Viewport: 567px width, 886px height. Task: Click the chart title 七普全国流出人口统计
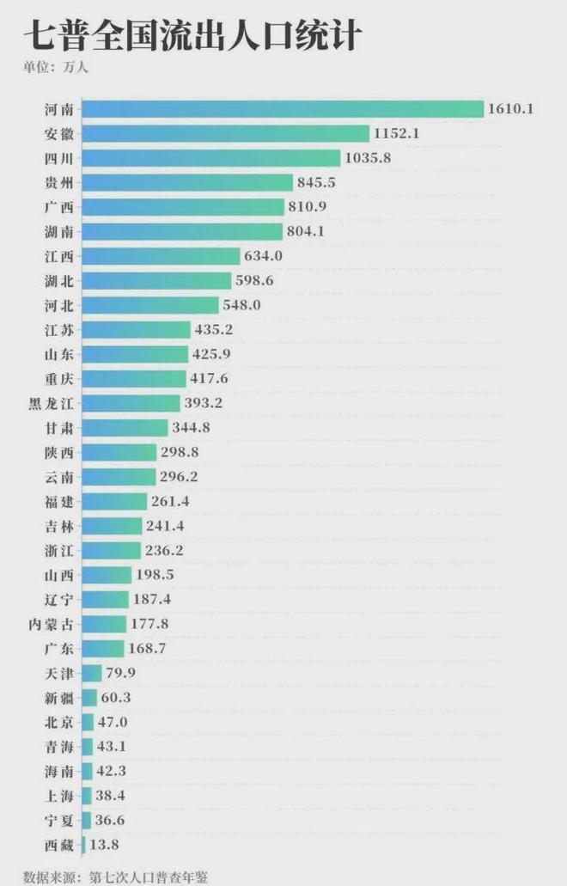[x=192, y=35]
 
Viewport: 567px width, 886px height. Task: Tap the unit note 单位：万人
[x=55, y=67]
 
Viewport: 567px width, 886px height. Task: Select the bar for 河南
[x=283, y=109]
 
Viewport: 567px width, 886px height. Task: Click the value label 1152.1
[x=396, y=133]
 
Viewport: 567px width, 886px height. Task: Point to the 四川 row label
[x=59, y=158]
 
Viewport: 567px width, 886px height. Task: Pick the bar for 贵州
[x=187, y=182]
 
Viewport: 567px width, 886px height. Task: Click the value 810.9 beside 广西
[x=308, y=207]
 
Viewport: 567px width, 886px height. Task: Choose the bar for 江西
[x=161, y=256]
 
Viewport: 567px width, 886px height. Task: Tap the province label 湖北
[x=59, y=281]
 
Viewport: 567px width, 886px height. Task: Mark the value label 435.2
[x=213, y=329]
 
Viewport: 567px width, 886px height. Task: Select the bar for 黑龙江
[x=131, y=403]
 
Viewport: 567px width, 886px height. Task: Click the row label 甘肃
[x=59, y=428]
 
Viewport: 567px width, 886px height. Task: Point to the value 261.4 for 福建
[x=170, y=501]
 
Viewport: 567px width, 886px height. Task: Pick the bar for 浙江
[x=112, y=550]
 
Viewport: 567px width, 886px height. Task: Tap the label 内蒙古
[x=52, y=625]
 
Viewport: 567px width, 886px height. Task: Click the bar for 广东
[x=103, y=649]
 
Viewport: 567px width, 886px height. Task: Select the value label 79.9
[x=120, y=673]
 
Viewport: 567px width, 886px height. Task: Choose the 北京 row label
[x=59, y=722]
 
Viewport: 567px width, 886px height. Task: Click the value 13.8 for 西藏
[x=104, y=845]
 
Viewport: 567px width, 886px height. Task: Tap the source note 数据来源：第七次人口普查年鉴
[x=116, y=877]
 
